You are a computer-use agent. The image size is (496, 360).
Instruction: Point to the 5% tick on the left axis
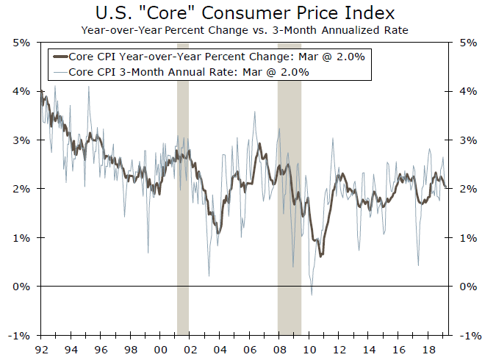[x=21, y=43]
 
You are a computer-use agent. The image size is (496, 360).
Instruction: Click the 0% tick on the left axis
[x=21, y=286]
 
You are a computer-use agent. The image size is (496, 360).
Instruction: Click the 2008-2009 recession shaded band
[x=289, y=220]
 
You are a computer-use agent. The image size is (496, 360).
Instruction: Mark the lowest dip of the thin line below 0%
[x=312, y=295]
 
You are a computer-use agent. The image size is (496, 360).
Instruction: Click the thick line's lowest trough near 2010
[x=320, y=256]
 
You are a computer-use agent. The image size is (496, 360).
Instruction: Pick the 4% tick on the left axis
[x=21, y=91]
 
